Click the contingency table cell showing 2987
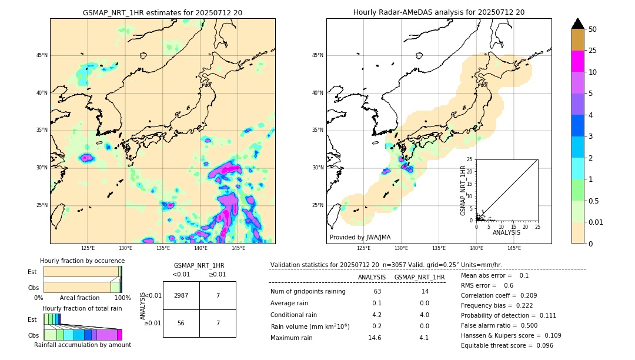click(181, 295)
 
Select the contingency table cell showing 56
click(181, 323)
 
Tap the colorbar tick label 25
click(593, 51)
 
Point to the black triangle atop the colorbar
click(578, 24)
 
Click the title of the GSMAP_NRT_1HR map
click(163, 12)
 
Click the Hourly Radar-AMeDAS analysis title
click(439, 12)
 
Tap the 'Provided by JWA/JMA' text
click(360, 237)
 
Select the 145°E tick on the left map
click(238, 248)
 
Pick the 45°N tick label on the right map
click(317, 55)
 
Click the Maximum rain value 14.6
click(377, 338)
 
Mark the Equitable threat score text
click(507, 345)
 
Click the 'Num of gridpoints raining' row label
click(308, 292)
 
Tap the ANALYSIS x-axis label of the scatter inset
click(507, 232)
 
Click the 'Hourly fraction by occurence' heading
click(82, 261)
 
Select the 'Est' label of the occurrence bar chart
click(32, 272)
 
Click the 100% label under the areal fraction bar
click(122, 298)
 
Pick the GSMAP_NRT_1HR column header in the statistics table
click(419, 277)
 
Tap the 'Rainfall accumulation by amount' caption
click(82, 345)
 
